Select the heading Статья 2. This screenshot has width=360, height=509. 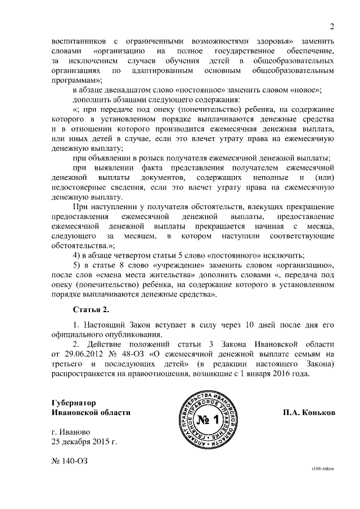[91, 310]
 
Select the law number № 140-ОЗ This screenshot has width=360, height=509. [70, 461]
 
